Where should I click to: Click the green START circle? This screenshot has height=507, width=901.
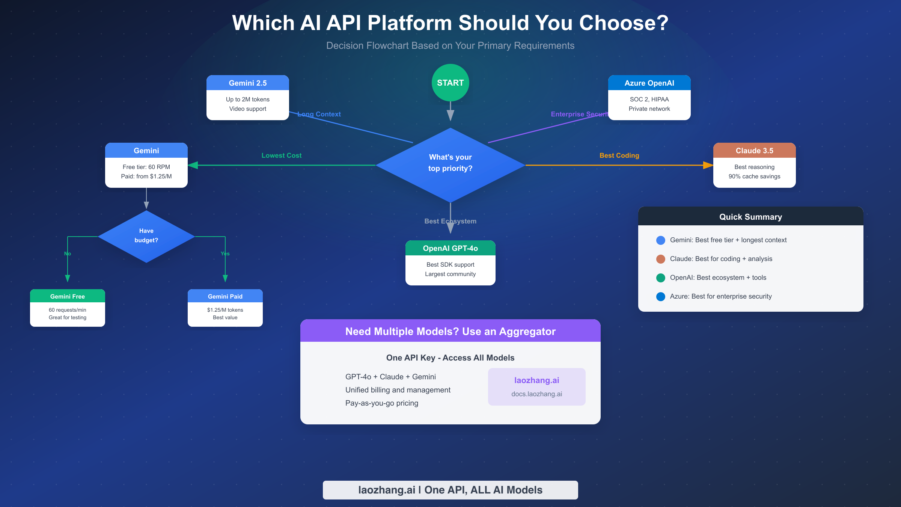(450, 83)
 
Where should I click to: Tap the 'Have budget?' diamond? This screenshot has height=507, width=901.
(146, 236)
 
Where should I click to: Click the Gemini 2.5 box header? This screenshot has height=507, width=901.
(247, 83)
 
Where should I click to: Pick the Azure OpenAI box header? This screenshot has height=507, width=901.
(649, 83)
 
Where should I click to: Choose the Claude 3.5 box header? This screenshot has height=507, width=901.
(754, 151)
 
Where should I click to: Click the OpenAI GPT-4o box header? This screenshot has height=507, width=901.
(450, 248)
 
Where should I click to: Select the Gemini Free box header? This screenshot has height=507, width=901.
(68, 296)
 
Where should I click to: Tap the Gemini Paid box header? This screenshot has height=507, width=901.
(225, 296)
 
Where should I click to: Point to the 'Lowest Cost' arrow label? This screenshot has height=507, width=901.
(281, 155)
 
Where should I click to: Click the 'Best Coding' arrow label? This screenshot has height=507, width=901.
(619, 155)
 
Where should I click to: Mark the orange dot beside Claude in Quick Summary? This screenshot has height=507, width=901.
(660, 259)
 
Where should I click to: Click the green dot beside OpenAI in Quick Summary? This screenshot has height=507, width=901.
(660, 278)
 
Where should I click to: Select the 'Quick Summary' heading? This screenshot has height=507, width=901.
(750, 217)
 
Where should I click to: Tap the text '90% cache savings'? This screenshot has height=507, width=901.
(754, 177)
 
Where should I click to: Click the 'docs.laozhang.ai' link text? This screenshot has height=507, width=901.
(536, 394)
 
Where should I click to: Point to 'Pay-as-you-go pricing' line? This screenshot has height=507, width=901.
(381, 403)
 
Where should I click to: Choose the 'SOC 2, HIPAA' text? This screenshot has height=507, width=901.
(649, 99)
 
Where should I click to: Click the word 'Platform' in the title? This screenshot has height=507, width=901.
(410, 23)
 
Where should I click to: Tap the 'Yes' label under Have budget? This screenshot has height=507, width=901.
(225, 253)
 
